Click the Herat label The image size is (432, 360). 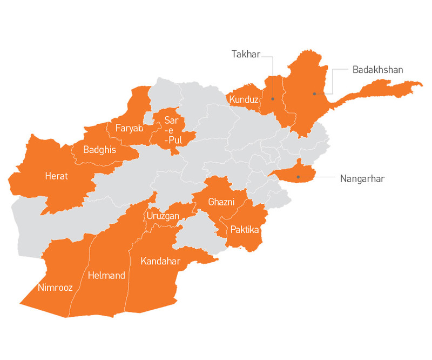click(x=57, y=176)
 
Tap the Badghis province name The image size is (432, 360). click(x=100, y=150)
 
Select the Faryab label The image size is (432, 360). click(x=129, y=129)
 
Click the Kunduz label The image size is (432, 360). click(x=243, y=99)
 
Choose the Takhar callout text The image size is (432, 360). click(x=246, y=54)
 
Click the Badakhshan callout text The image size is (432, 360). click(x=378, y=70)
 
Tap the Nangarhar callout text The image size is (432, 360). click(x=362, y=178)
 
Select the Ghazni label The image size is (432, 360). click(x=221, y=202)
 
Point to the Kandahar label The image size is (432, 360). click(x=160, y=262)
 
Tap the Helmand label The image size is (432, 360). click(x=106, y=276)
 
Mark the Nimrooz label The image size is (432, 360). click(x=55, y=288)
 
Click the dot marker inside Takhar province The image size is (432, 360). click(x=273, y=99)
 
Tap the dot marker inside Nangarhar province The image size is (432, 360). click(x=298, y=177)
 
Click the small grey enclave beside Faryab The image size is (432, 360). click(x=148, y=118)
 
